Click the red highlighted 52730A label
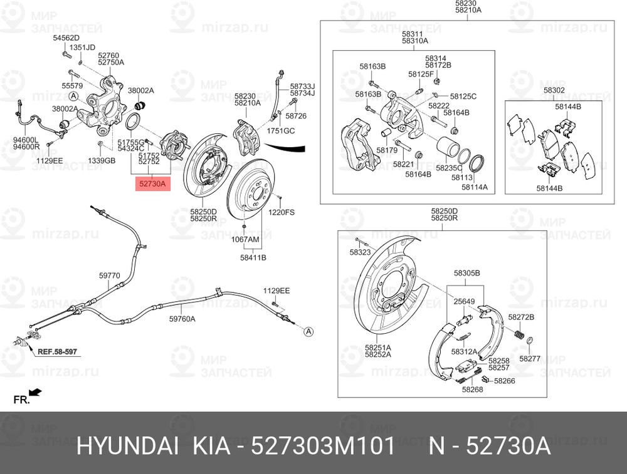coord(152,184)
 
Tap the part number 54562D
coord(66,38)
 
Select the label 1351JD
coord(82,48)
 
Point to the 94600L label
coord(26,140)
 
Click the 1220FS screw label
coord(282,212)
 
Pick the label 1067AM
coord(245,240)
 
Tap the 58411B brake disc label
coord(253,257)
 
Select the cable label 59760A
coord(182,319)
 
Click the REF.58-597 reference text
coord(57,352)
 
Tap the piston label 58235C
coord(449,168)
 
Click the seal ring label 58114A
coord(475,187)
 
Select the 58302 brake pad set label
coord(554,90)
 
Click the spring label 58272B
coord(521,317)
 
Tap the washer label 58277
coord(530,359)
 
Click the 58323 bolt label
coord(361,252)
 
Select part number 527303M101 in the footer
coord(323,446)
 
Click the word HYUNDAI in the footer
coord(127,446)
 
